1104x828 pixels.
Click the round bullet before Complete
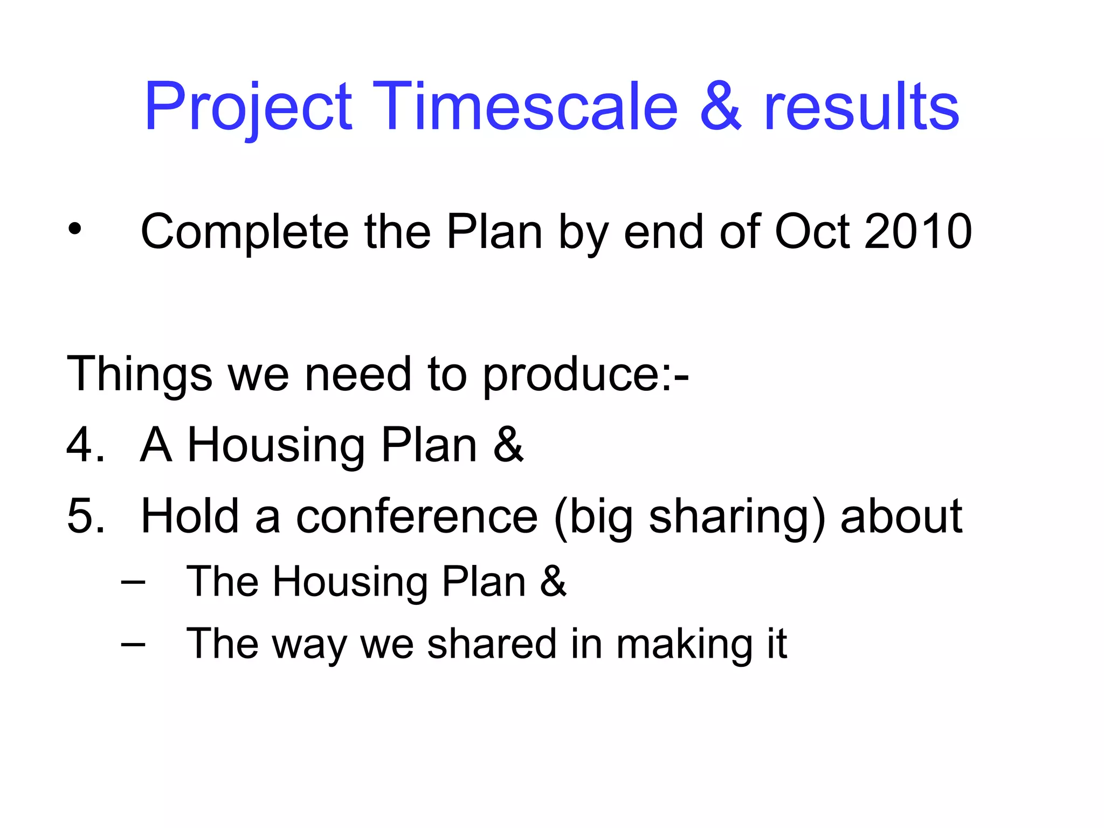pyautogui.click(x=75, y=230)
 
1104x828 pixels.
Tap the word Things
pyautogui.click(x=139, y=374)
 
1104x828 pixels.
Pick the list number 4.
pyautogui.click(x=83, y=445)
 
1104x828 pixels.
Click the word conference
pyautogui.click(x=417, y=516)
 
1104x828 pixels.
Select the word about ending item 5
pyautogui.click(x=901, y=516)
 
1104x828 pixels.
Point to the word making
pyautogui.click(x=684, y=645)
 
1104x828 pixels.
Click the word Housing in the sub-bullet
pyautogui.click(x=350, y=582)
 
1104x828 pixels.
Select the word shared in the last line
pyautogui.click(x=491, y=644)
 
